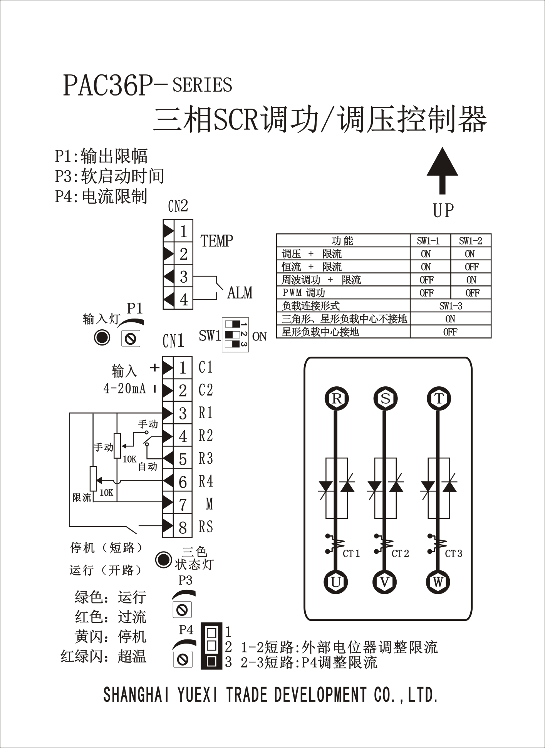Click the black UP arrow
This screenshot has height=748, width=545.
tap(442, 169)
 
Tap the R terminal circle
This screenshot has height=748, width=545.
tap(336, 398)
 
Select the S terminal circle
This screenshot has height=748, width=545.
tap(385, 398)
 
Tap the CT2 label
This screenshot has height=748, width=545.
tap(400, 553)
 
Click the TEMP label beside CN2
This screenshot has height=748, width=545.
tap(216, 241)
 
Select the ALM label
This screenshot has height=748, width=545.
tap(240, 293)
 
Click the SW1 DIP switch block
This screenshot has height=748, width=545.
tap(235, 334)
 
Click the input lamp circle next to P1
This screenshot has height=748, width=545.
tap(102, 338)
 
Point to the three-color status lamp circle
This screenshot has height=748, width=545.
tap(163, 559)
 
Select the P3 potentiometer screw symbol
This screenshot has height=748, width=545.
tap(182, 609)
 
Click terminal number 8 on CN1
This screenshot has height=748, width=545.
tap(183, 527)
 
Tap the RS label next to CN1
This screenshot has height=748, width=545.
tap(206, 527)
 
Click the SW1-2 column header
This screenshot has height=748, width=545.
tap(470, 241)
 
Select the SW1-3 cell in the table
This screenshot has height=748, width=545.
tap(450, 306)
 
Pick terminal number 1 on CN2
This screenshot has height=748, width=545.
tap(183, 231)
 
